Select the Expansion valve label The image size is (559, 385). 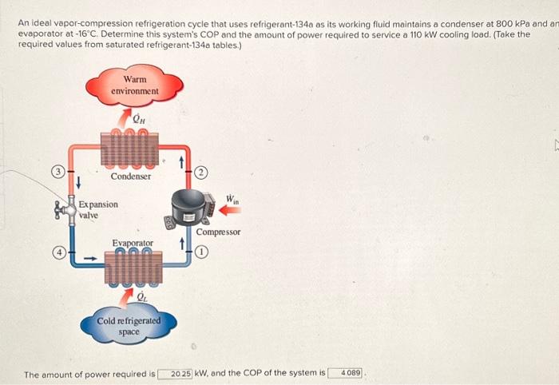click(x=98, y=209)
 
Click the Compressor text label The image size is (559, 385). click(x=218, y=232)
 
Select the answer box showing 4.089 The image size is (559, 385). click(x=350, y=373)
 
